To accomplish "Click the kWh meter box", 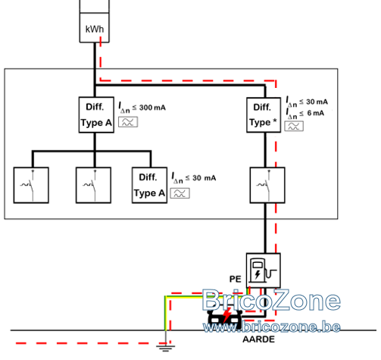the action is click(x=95, y=21).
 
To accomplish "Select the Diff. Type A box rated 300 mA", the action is click(x=96, y=114).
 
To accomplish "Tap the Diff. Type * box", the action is click(x=264, y=114).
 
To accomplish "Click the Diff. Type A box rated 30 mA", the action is click(x=149, y=185).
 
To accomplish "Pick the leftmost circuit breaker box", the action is click(x=31, y=185).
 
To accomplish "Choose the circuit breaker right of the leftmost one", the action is click(x=93, y=185).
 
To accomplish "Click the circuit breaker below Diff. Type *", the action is click(x=267, y=185).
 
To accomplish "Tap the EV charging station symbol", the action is click(x=264, y=271).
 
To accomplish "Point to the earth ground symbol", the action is click(x=165, y=348).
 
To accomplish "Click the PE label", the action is click(x=236, y=279).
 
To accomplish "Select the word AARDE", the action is click(x=258, y=340).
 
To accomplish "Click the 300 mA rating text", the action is click(x=142, y=108).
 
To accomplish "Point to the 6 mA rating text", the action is click(x=305, y=114).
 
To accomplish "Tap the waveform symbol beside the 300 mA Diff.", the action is click(x=128, y=122).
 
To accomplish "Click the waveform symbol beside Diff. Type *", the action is click(x=294, y=126).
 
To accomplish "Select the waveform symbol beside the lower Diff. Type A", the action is click(x=180, y=193).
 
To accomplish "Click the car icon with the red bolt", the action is click(x=225, y=319).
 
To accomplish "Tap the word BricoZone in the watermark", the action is click(x=271, y=300).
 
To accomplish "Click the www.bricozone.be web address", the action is click(x=272, y=327).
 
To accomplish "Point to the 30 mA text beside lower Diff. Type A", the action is click(x=194, y=178).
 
